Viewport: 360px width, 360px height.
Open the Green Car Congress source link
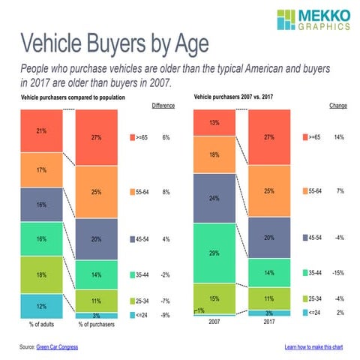tap(59, 347)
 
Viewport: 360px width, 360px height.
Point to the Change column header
tap(337, 106)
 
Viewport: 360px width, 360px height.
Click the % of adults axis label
tap(42, 325)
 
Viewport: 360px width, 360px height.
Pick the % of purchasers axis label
tap(96, 325)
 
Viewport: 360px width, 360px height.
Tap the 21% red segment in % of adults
tap(42, 130)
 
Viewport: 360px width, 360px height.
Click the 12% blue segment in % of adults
tap(42, 305)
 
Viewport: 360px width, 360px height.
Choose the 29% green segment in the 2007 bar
tap(215, 253)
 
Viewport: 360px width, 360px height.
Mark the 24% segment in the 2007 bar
tap(215, 199)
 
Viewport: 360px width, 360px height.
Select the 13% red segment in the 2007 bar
tap(215, 123)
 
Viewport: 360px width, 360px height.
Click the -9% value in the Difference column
tap(165, 315)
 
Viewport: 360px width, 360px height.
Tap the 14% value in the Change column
tap(338, 138)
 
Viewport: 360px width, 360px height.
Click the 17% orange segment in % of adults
tap(42, 170)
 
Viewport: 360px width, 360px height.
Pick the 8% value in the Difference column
tap(165, 192)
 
